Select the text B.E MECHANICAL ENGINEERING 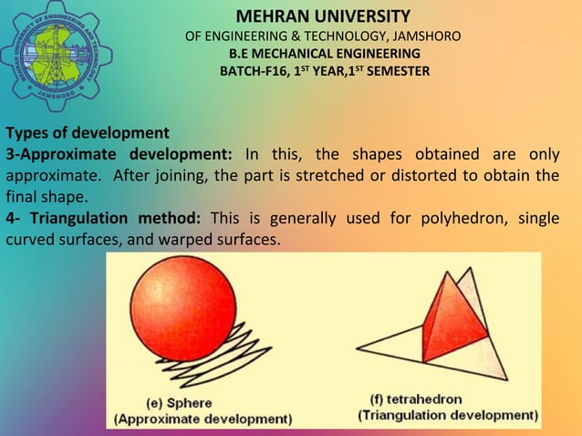[324, 54]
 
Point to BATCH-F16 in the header [249, 71]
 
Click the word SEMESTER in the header [395, 71]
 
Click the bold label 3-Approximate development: [119, 151]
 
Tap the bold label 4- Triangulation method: [104, 217]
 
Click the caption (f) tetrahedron [417, 400]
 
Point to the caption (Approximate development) [203, 419]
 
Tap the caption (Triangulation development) [447, 416]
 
